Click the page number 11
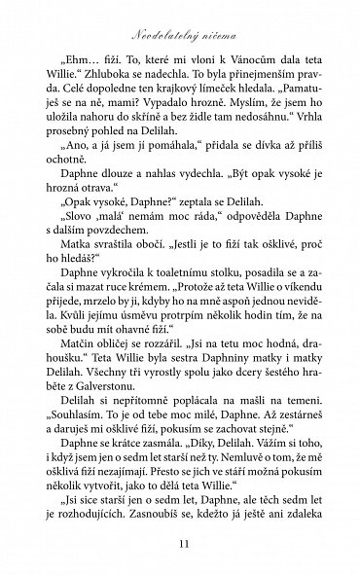(180, 547)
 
